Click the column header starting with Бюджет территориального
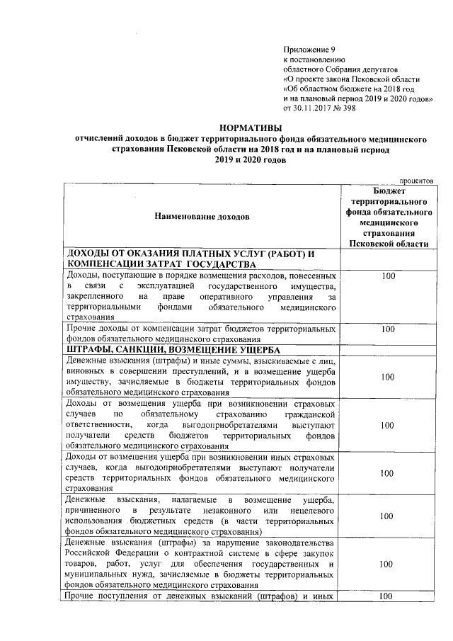(389, 217)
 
